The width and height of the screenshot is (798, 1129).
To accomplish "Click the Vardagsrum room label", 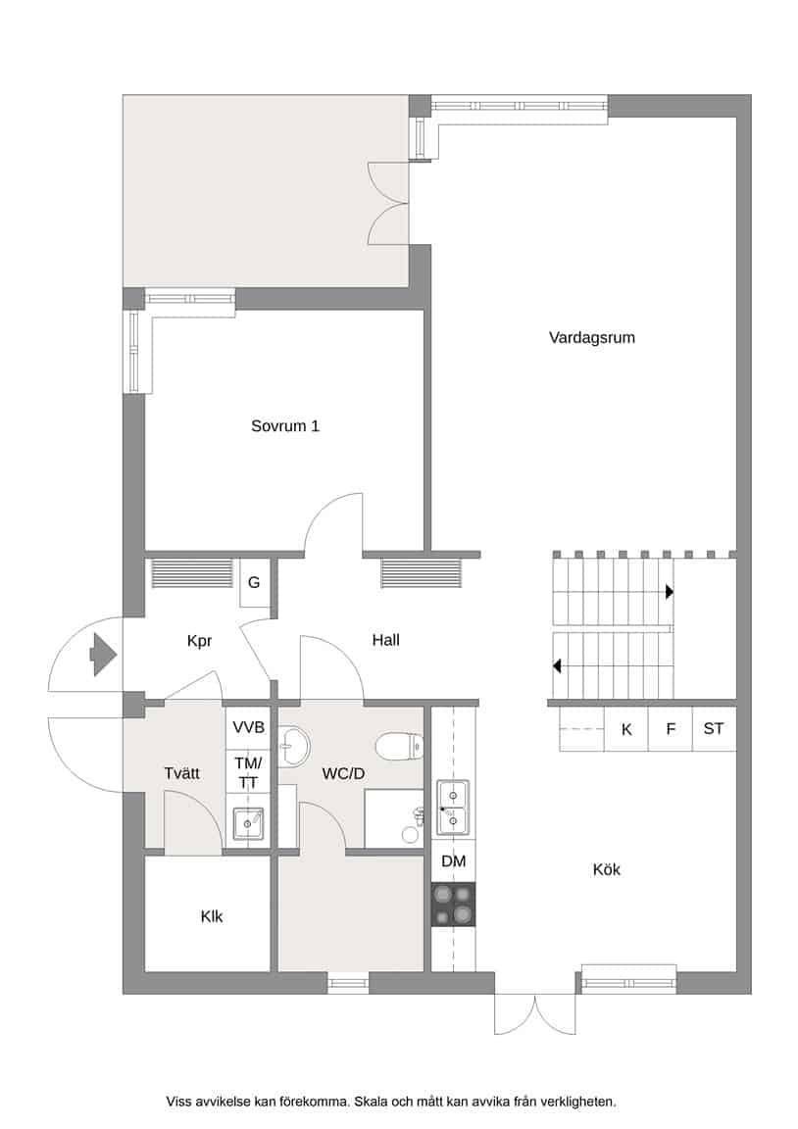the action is [591, 338].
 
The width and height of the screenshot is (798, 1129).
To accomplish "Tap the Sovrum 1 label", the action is [284, 425].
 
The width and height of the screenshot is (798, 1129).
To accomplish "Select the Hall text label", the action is [385, 640].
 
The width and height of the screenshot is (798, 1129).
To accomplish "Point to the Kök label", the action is [607, 869].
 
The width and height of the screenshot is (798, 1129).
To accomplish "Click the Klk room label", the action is [212, 916].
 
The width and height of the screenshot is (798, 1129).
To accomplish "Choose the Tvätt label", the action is [181, 773].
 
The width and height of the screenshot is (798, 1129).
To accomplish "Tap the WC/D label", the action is [343, 774].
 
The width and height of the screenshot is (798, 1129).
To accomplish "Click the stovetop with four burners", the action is [453, 905].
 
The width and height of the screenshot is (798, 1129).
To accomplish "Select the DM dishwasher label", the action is [454, 861].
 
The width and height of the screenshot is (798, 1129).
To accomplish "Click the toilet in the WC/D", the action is [400, 745].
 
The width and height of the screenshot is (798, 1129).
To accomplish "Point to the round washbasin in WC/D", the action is [294, 746].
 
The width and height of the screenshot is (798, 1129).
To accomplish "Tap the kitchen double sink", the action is [453, 808].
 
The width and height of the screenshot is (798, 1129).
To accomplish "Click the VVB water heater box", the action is [248, 727].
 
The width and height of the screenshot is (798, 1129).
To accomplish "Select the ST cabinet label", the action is [713, 729].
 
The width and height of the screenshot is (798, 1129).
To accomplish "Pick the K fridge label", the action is [626, 729].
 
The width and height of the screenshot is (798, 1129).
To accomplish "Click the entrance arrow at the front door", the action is [102, 655].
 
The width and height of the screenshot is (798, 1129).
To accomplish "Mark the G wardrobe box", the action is [254, 582].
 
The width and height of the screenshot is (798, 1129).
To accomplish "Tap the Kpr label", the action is [199, 641].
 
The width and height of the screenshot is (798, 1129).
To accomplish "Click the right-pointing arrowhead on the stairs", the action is [669, 593].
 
